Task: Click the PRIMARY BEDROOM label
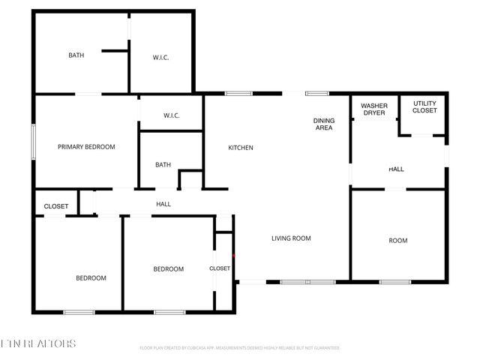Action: click(86, 147)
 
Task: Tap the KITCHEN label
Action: click(241, 148)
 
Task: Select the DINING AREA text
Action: click(322, 124)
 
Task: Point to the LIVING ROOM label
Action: click(291, 238)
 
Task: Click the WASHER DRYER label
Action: click(374, 109)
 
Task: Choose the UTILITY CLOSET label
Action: click(424, 107)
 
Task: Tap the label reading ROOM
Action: click(397, 241)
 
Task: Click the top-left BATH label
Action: click(76, 55)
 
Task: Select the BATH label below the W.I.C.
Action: click(163, 165)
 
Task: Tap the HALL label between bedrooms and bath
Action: click(163, 204)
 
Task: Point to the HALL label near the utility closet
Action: click(396, 169)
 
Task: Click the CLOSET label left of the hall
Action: click(56, 206)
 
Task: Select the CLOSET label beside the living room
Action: click(220, 268)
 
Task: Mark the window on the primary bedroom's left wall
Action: click(32, 140)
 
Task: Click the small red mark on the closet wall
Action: click(234, 256)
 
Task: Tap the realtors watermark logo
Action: click(38, 344)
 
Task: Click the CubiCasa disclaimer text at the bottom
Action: click(240, 348)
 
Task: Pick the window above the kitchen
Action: click(238, 93)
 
